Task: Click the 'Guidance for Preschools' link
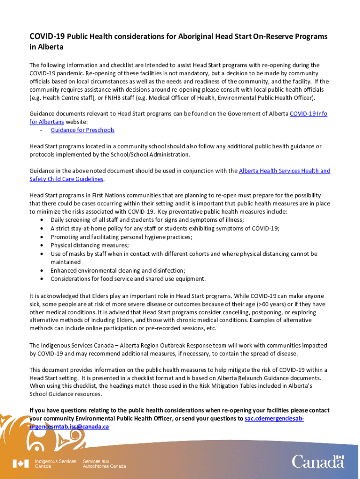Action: tap(82, 130)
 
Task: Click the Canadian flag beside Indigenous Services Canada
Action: tap(21, 464)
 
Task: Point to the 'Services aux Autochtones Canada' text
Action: tap(104, 464)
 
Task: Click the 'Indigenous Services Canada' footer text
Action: tap(55, 464)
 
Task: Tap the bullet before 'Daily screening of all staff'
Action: tap(43, 220)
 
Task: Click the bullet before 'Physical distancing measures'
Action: tap(43, 245)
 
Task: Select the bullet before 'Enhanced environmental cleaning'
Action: tap(43, 270)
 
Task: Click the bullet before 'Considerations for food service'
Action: tap(43, 279)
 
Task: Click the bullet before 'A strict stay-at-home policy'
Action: tap(43, 228)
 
